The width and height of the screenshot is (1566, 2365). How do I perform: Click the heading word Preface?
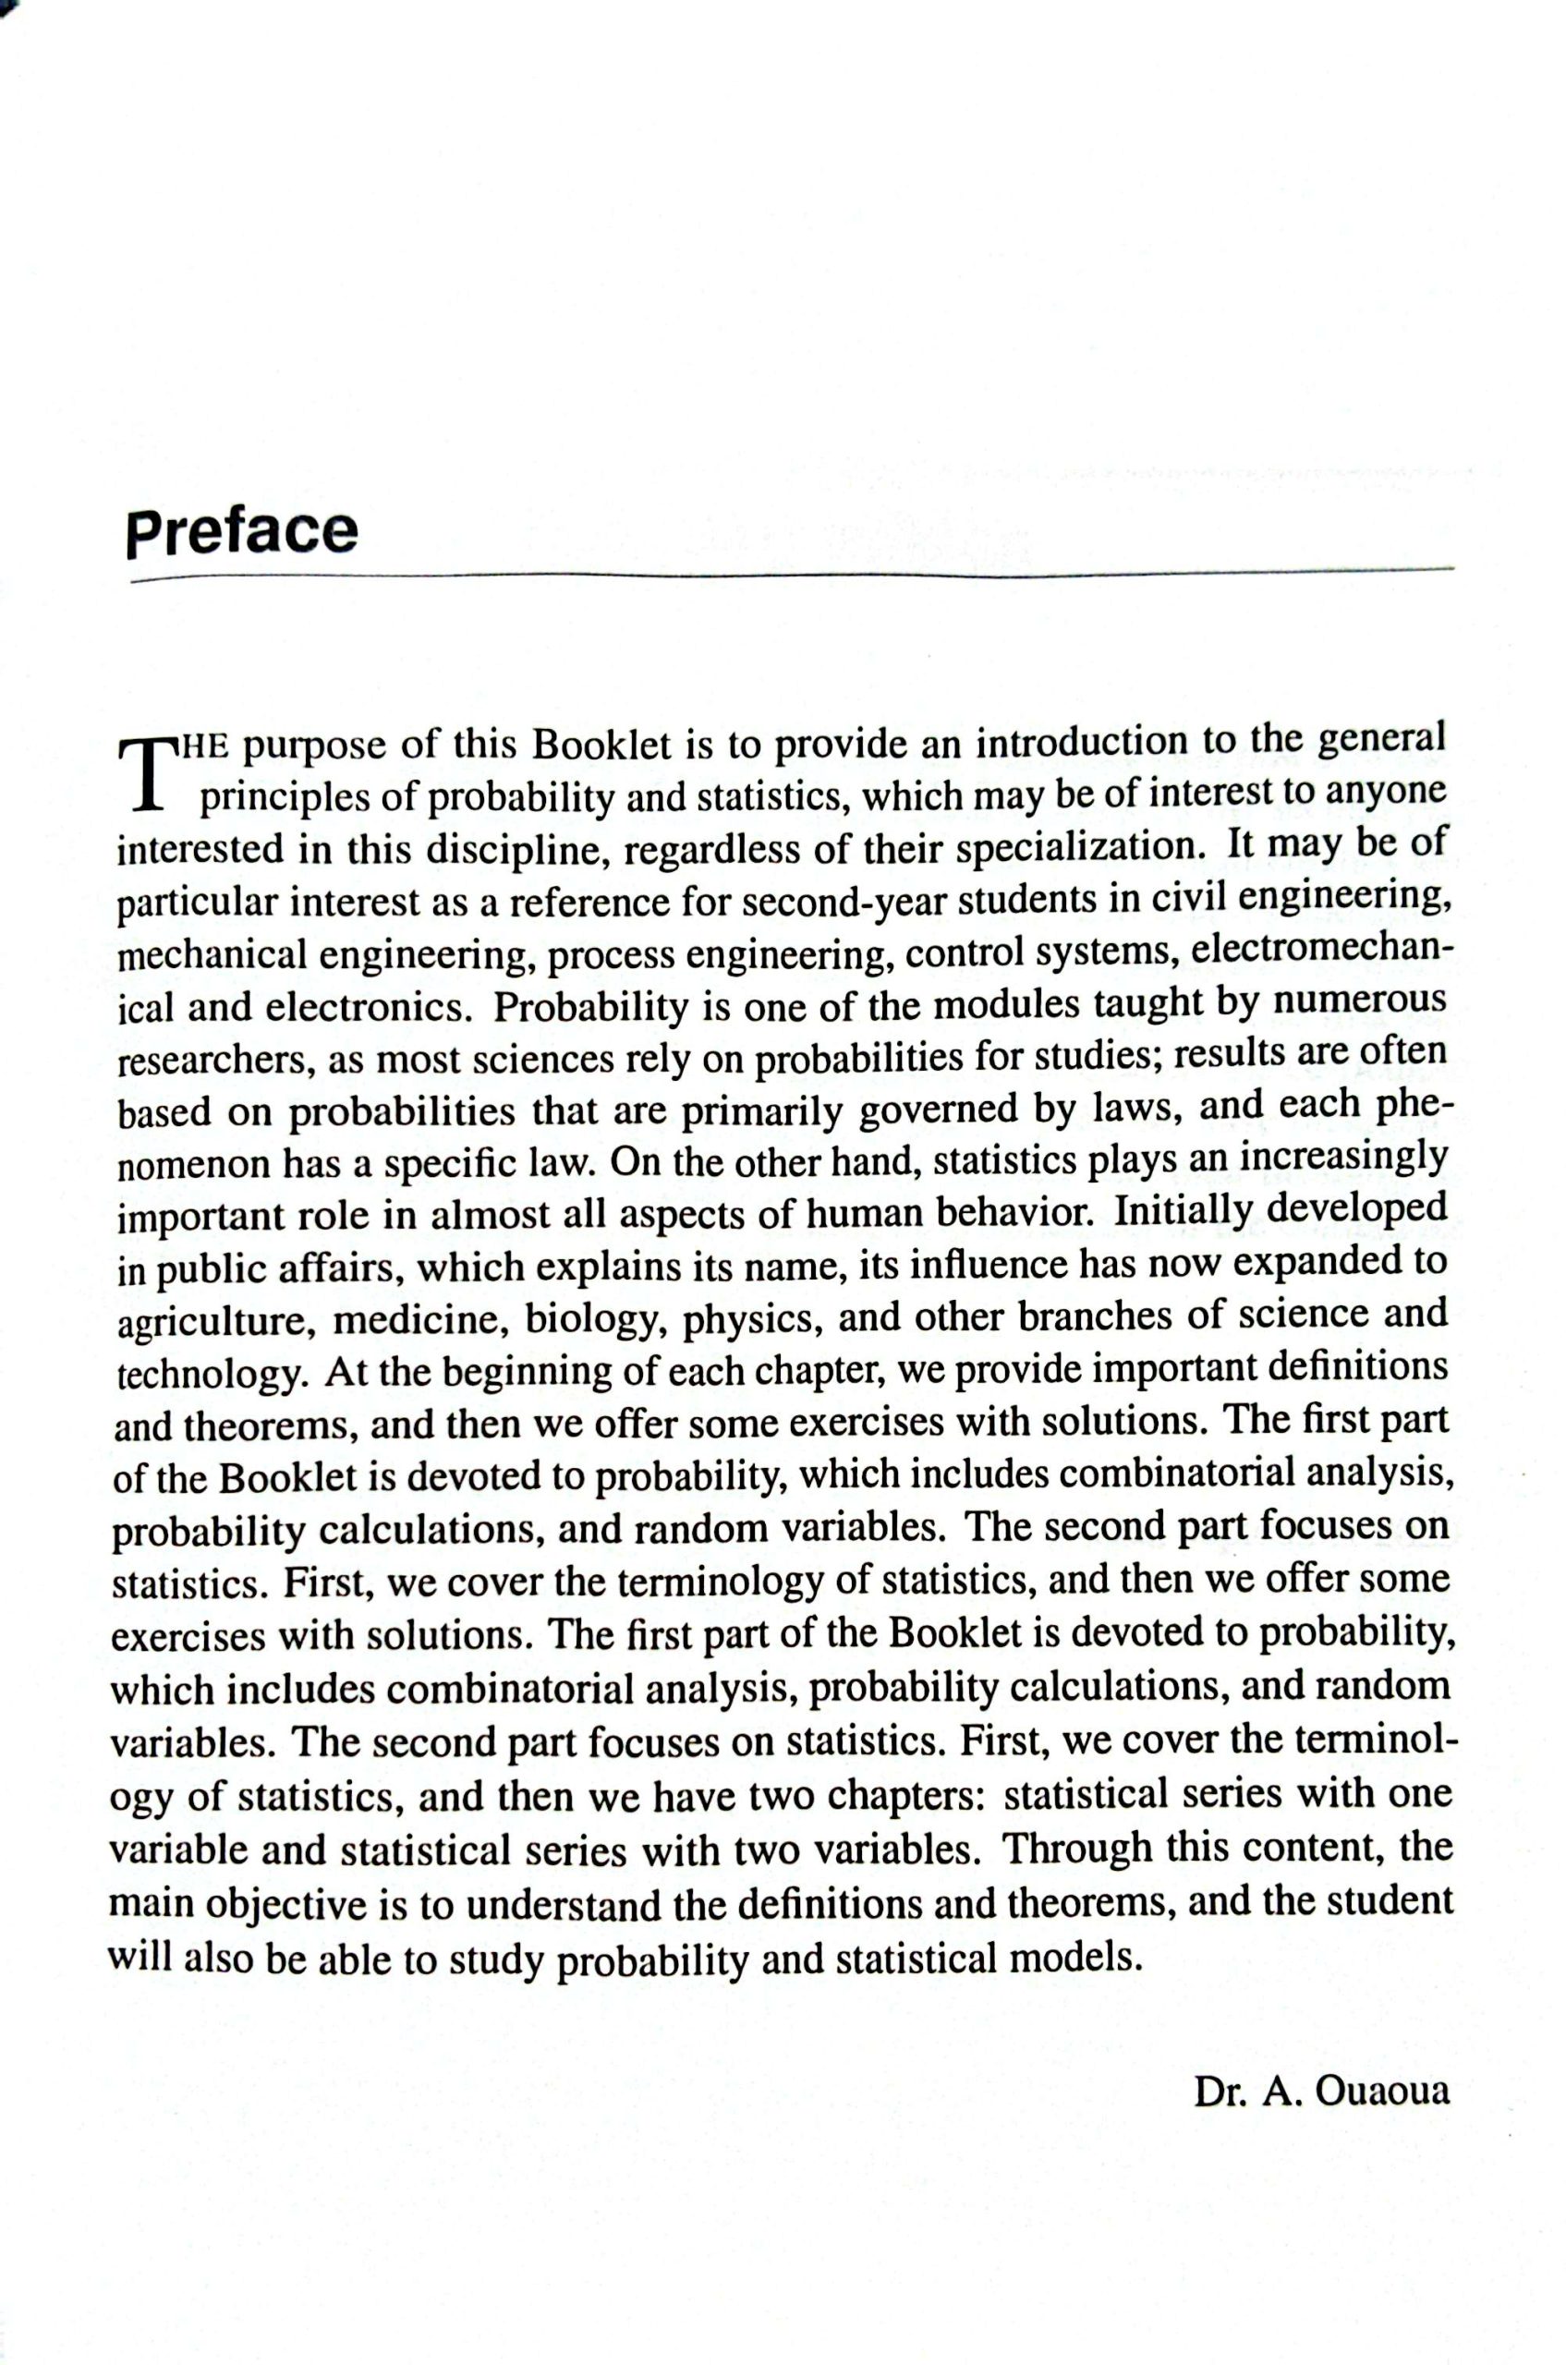[x=241, y=531]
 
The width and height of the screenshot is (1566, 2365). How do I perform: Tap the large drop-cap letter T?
[x=146, y=773]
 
